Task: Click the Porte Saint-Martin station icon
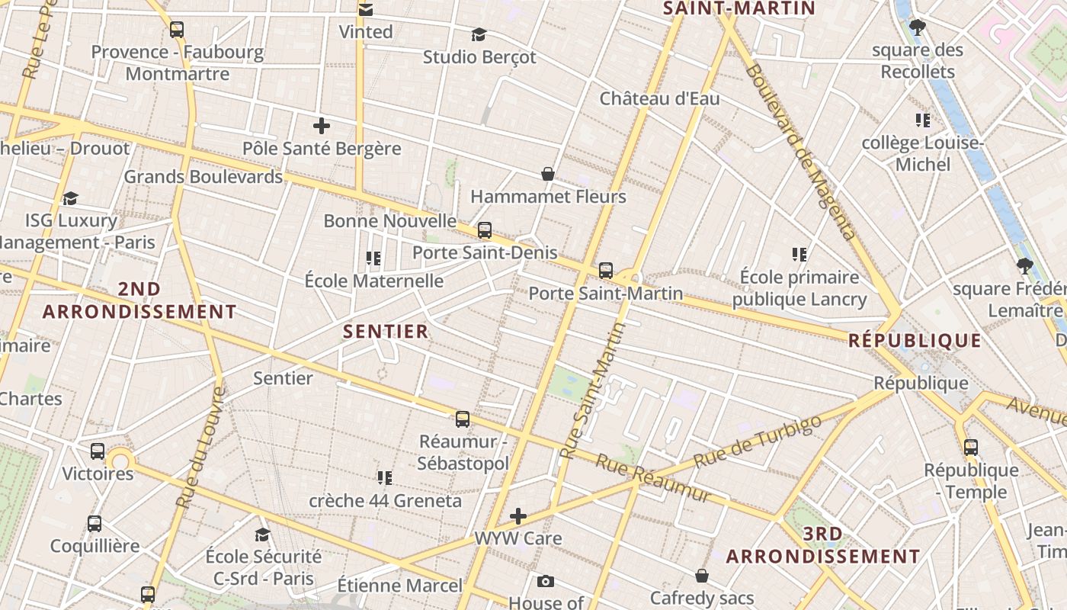click(x=606, y=270)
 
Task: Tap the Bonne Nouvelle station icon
click(x=485, y=230)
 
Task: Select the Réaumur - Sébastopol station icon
click(x=463, y=419)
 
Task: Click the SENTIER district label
click(x=386, y=332)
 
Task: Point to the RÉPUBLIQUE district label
click(x=915, y=341)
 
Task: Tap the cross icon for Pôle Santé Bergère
click(x=322, y=126)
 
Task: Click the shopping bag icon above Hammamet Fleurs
click(x=547, y=174)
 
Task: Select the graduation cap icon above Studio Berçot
click(x=479, y=34)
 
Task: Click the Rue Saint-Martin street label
click(x=592, y=390)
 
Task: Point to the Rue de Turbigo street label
click(x=758, y=441)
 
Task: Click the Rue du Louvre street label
click(x=200, y=448)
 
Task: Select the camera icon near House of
click(x=545, y=582)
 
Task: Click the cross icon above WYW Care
click(x=518, y=516)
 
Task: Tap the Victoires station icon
click(x=98, y=451)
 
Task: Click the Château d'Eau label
click(x=659, y=98)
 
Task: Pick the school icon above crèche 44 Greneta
click(x=385, y=478)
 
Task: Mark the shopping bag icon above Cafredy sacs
click(x=701, y=576)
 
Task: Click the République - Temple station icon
click(x=971, y=448)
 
